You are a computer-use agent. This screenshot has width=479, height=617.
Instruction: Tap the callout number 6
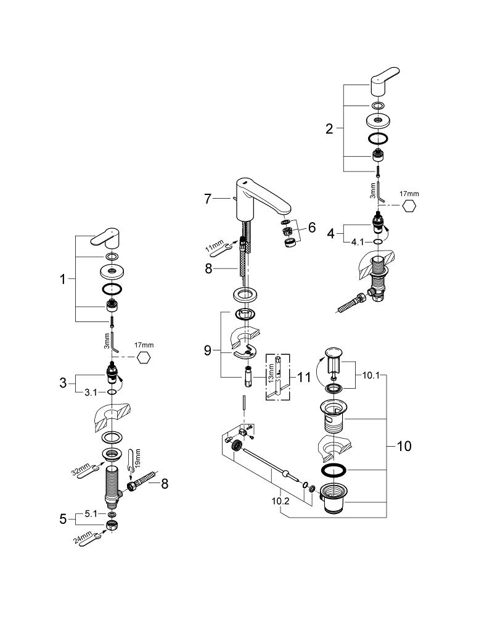tap(311, 228)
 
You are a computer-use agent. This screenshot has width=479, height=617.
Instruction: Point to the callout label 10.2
tap(279, 502)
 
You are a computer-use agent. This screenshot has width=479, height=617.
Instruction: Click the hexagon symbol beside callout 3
tap(143, 358)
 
